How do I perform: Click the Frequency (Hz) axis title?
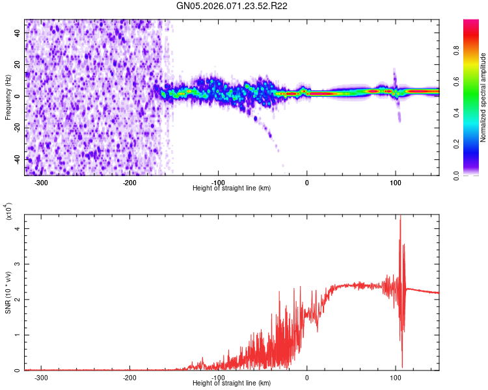point(8,97)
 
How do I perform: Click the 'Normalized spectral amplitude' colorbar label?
point(483,97)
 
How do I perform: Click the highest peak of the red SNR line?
point(400,216)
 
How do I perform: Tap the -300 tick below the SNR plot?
point(41,378)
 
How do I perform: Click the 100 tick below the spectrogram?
point(395,183)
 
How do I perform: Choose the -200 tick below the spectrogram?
point(129,183)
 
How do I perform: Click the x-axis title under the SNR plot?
point(232,383)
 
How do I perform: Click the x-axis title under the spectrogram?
point(232,188)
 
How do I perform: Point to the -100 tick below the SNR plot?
point(218,378)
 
